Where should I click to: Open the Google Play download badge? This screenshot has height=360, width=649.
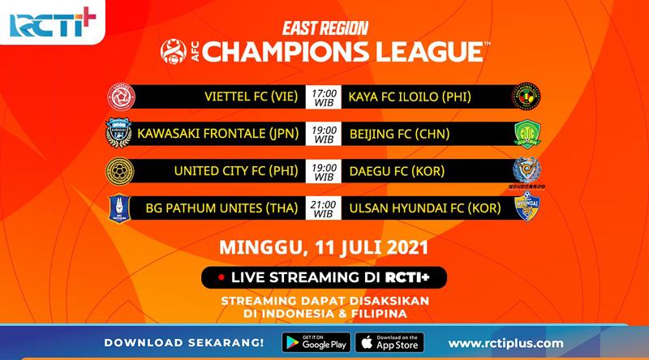[315, 342]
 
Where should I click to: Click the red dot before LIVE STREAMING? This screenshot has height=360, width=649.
[219, 276]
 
